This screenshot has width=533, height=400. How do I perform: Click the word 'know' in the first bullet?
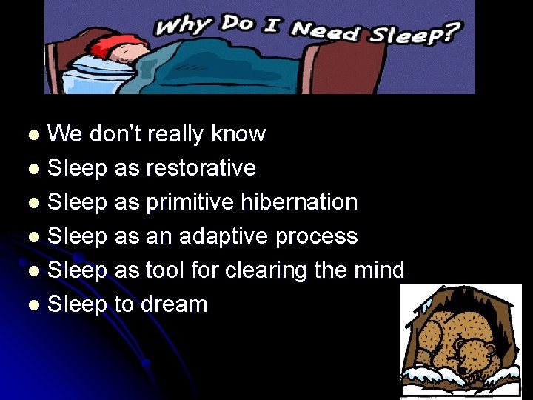pyautogui.click(x=238, y=134)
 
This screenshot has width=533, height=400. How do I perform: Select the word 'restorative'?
pyautogui.click(x=201, y=168)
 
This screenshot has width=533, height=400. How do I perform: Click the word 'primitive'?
pyautogui.click(x=189, y=202)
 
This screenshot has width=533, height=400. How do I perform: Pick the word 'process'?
pyautogui.click(x=317, y=237)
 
